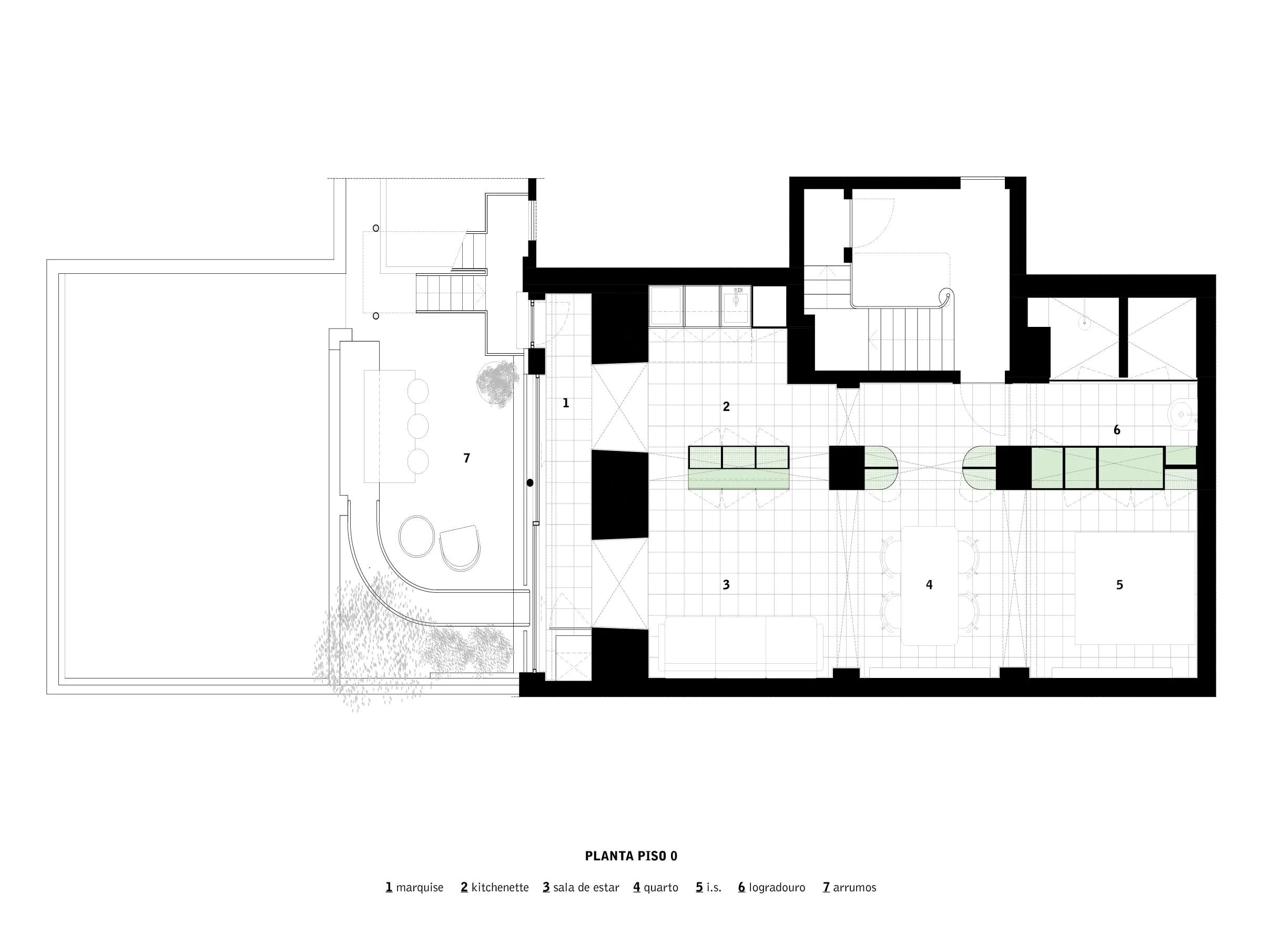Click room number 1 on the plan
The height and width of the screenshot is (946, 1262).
[x=565, y=403]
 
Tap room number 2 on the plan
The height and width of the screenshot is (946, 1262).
[x=726, y=407]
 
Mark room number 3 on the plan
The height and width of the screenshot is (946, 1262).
[x=726, y=584]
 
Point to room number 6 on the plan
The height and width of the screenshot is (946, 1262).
[x=1116, y=430]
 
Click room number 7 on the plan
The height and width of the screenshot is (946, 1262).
[x=467, y=458]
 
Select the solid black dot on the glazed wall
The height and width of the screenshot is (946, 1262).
[x=530, y=483]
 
